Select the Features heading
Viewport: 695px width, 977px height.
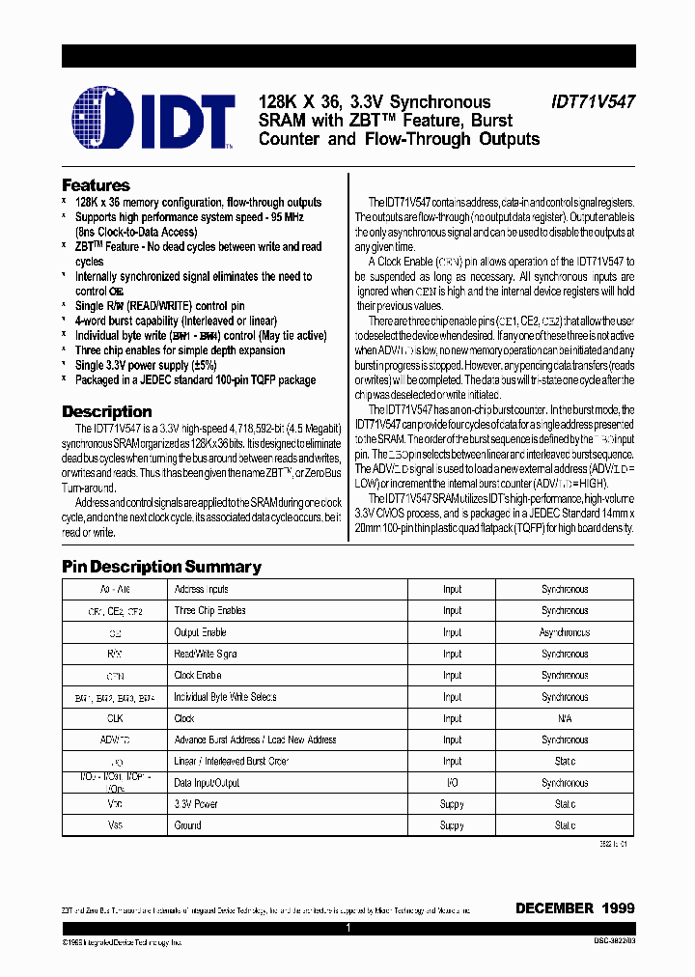point(96,185)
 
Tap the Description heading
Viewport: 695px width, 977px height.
point(106,411)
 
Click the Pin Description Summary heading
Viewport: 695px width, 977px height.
point(161,567)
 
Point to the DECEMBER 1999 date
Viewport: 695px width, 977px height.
point(575,908)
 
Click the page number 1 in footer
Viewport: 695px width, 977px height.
point(347,928)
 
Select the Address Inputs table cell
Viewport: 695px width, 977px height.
point(201,589)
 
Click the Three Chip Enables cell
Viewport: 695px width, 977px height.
point(209,610)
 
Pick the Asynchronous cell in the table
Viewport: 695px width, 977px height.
point(564,632)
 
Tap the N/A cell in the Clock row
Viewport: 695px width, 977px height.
point(564,718)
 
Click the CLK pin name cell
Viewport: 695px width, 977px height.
point(114,718)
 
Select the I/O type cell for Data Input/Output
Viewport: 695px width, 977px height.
point(452,783)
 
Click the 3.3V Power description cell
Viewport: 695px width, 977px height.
point(196,804)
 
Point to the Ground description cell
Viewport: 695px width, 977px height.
point(187,825)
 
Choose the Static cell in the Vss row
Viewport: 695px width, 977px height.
point(564,825)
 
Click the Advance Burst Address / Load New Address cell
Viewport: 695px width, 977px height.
point(255,740)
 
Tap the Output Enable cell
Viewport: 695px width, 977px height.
point(200,632)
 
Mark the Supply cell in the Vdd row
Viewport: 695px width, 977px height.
point(452,804)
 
